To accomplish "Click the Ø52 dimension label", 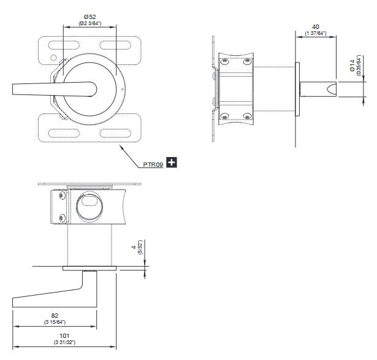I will [x=90, y=17].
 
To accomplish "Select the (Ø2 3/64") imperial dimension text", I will [x=90, y=23].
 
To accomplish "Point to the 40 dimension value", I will [x=316, y=27].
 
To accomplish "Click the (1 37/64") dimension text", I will [x=316, y=33].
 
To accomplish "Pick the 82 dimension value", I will [x=55, y=315].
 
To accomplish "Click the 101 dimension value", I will [x=64, y=335].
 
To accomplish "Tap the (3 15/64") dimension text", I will [x=55, y=322].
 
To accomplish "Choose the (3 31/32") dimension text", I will [x=64, y=342].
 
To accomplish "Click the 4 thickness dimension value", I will [x=133, y=249].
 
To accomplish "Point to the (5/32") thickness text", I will [x=140, y=249].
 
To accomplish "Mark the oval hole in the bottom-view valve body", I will [x=88, y=203].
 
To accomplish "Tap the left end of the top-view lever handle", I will [x=14, y=90].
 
